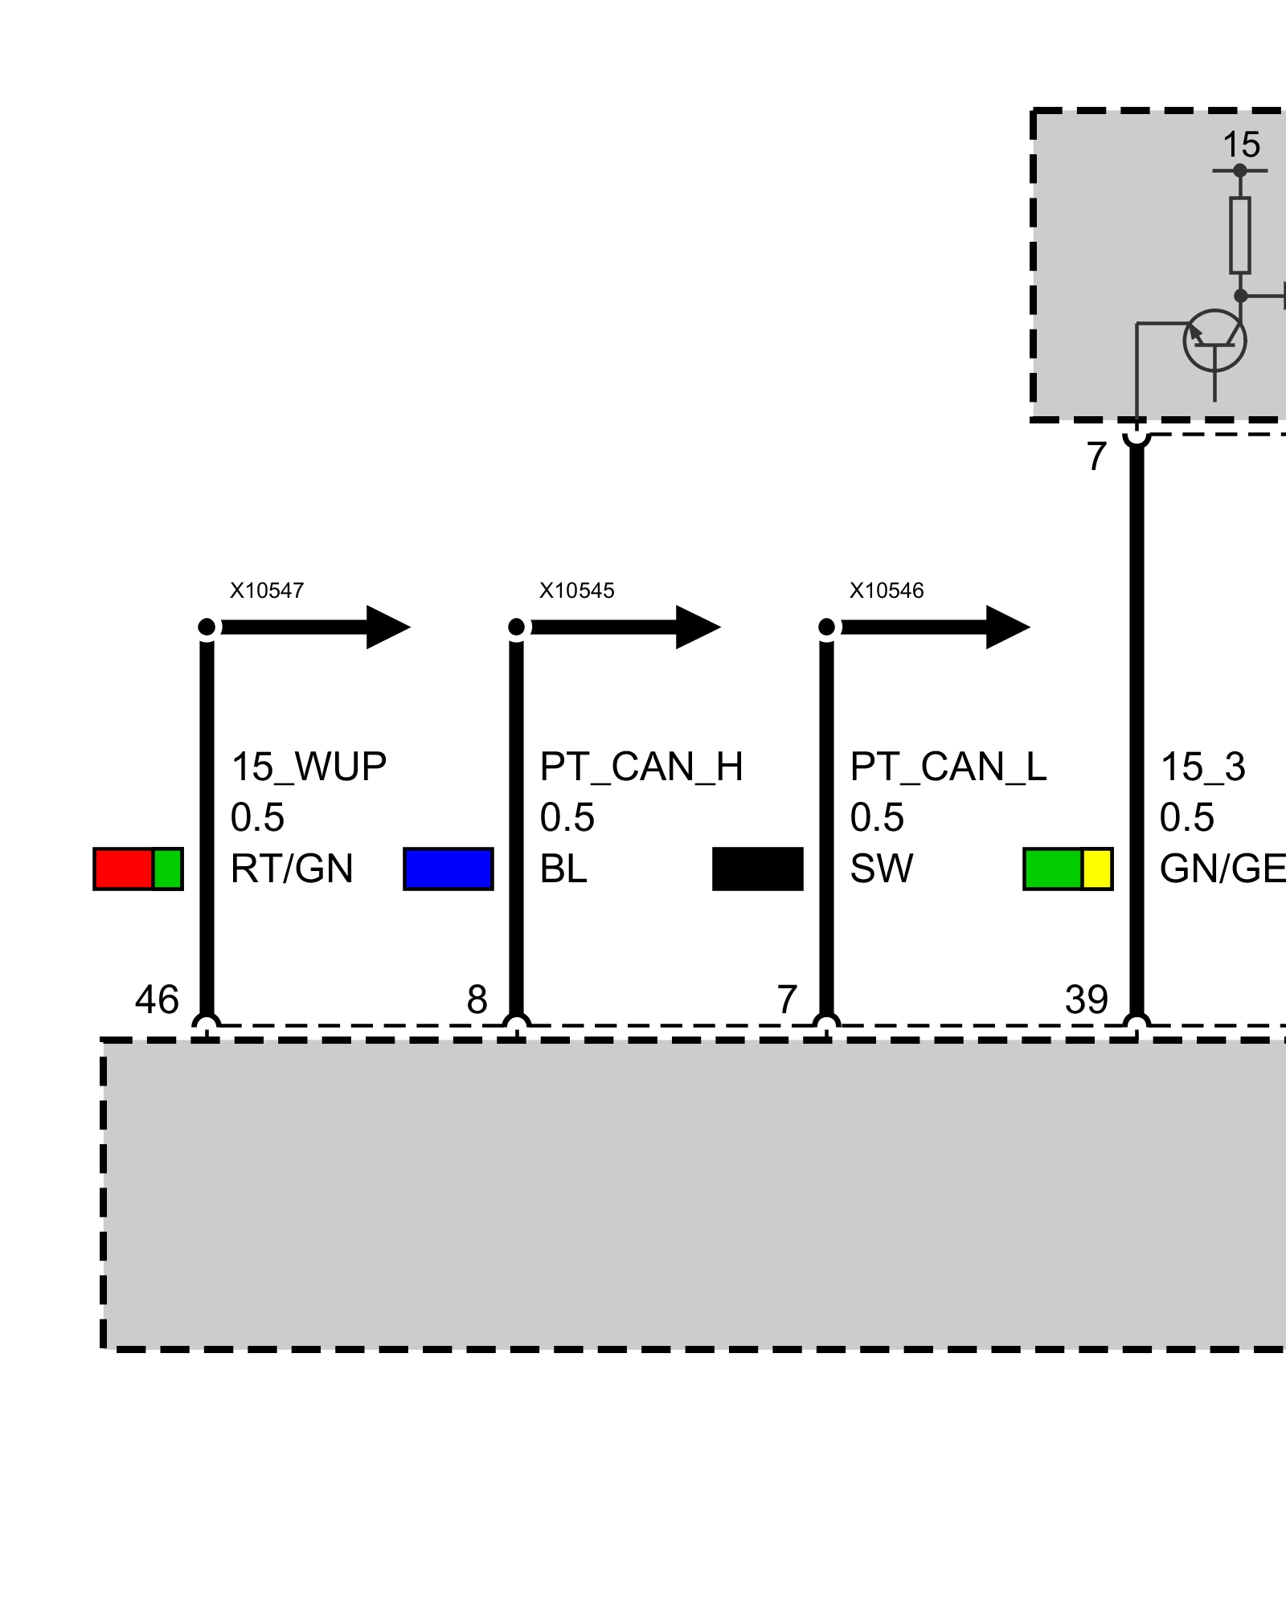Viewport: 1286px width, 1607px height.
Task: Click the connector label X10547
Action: point(267,591)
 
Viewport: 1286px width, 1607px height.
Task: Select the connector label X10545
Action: point(576,591)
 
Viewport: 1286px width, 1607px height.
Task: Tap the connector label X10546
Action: point(887,591)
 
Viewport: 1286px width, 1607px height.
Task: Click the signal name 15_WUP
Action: point(309,767)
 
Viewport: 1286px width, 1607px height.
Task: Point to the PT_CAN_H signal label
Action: point(641,767)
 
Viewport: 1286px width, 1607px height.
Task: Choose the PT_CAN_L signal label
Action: point(948,767)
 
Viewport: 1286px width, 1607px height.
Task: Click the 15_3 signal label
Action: point(1202,767)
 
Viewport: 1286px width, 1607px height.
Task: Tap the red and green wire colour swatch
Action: point(138,869)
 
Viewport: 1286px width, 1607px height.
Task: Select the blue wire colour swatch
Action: point(448,869)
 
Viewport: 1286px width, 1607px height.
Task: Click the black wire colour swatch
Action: point(758,869)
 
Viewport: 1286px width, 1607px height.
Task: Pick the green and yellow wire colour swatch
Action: point(1068,869)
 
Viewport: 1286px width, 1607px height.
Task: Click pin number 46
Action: point(157,1000)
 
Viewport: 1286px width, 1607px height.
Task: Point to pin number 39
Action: point(1087,1000)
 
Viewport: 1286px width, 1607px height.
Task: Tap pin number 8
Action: point(477,1000)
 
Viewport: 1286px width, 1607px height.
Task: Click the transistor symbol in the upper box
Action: point(1214,341)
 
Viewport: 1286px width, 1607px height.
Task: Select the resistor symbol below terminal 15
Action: point(1240,235)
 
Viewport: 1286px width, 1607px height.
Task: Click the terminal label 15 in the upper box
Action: point(1241,145)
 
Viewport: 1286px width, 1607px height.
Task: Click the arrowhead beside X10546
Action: point(1008,627)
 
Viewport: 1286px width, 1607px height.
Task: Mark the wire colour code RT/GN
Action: point(292,869)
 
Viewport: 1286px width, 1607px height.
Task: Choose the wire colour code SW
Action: point(882,869)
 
